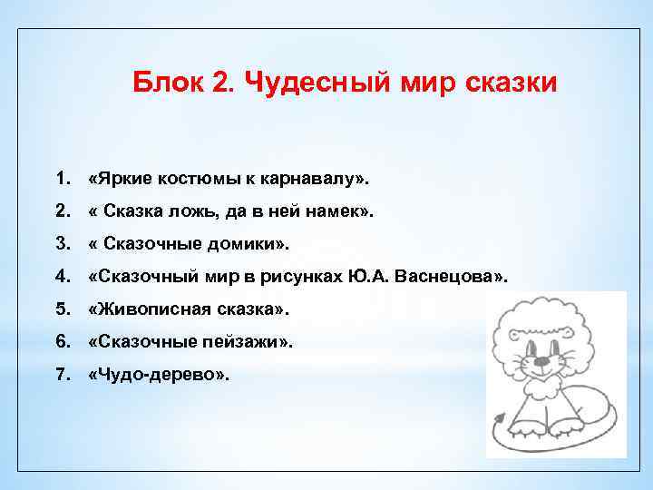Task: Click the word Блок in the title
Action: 164,84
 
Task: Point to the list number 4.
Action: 61,277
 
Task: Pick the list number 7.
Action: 61,375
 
